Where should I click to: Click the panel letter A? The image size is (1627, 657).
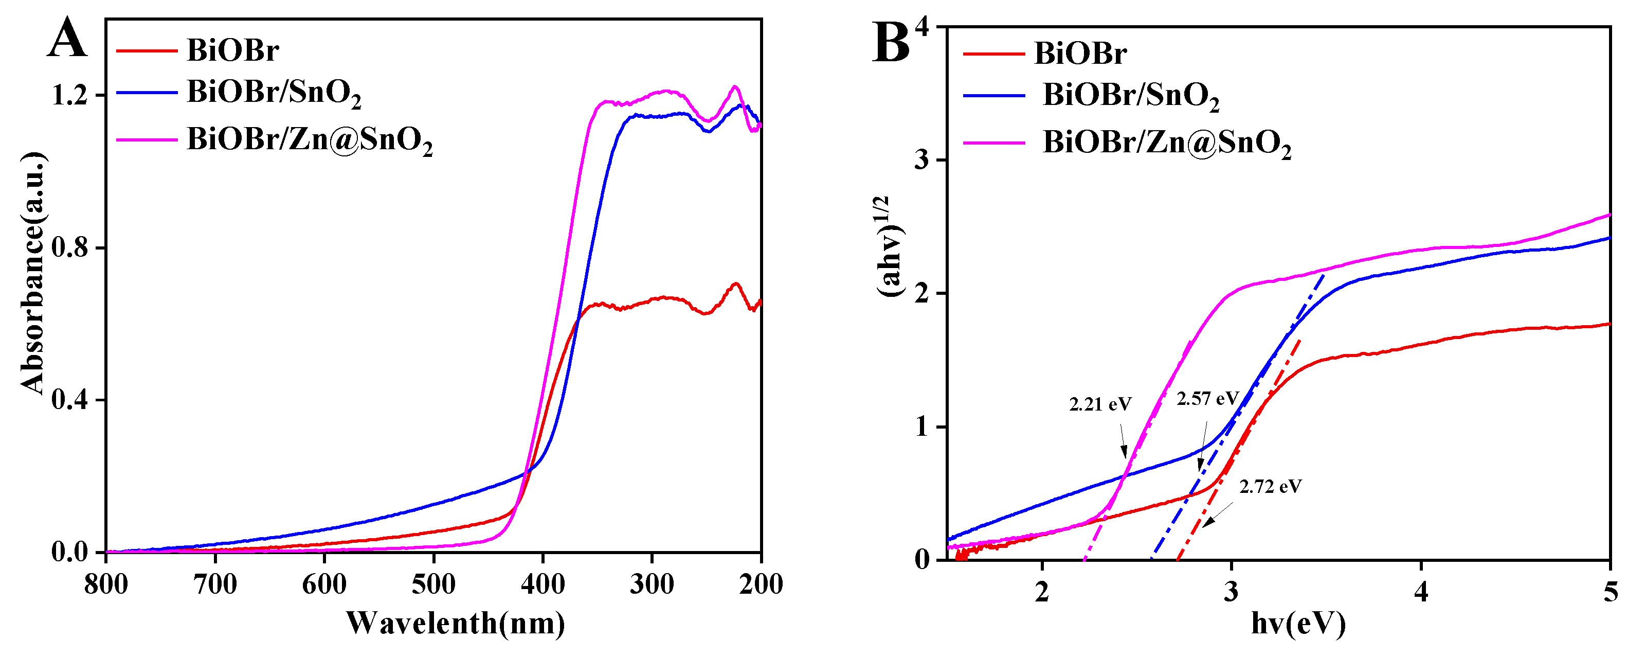(x=66, y=39)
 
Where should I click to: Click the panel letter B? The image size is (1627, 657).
(x=891, y=43)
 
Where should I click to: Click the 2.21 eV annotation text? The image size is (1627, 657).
(x=1100, y=404)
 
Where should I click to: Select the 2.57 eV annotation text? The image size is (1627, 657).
(x=1207, y=399)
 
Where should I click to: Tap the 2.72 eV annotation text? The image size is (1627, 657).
(x=1270, y=486)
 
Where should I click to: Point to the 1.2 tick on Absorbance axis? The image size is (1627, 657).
(x=69, y=95)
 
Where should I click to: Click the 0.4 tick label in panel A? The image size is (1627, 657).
(x=69, y=399)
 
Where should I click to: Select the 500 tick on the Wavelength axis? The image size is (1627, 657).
(x=433, y=584)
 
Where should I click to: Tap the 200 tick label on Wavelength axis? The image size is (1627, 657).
(x=761, y=584)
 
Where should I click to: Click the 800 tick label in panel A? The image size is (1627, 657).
(x=106, y=584)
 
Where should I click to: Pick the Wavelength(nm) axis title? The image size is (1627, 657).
(x=456, y=624)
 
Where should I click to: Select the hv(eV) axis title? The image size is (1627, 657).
(x=1298, y=624)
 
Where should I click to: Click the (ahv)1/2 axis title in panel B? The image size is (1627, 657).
(x=891, y=246)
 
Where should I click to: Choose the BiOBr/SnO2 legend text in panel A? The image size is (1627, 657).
(x=274, y=93)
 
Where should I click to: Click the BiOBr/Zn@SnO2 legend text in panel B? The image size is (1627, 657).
(x=1167, y=143)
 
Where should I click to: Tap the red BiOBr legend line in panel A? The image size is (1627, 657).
(x=147, y=50)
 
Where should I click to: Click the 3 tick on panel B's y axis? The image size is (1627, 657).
(x=922, y=160)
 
